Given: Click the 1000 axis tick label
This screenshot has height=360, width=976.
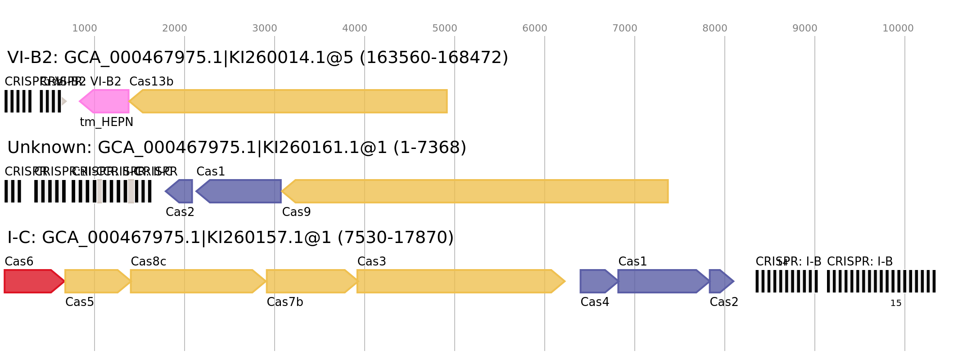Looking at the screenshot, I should [84, 28].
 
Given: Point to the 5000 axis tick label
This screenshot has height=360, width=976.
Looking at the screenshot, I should [444, 28].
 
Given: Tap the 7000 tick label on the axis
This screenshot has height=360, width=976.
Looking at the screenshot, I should [624, 28].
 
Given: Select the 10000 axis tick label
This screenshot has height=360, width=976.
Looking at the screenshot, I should [898, 28].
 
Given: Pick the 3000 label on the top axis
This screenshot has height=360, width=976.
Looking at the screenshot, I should [264, 28].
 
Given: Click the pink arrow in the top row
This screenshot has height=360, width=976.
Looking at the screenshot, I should [105, 101].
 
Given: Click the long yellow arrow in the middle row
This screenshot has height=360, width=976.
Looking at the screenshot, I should [477, 191].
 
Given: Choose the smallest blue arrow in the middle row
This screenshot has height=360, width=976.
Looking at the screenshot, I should [180, 191].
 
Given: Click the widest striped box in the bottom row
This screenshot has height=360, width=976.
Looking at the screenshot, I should [881, 281].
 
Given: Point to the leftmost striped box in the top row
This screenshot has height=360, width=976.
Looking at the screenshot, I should [18, 101].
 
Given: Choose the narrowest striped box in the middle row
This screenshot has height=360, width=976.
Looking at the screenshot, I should [13, 191].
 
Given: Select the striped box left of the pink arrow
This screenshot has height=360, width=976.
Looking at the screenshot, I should [50, 101].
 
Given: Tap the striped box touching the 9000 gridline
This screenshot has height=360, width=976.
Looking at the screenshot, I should [786, 281].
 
